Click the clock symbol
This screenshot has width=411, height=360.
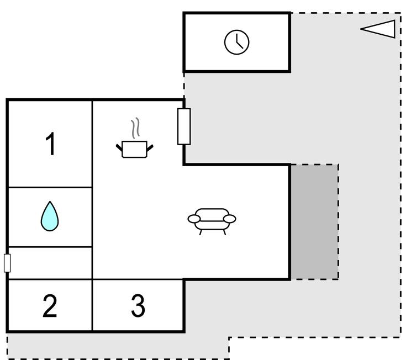coord(236,42)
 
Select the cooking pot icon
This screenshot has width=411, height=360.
coord(134,148)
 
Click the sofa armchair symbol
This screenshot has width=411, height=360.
coord(212,219)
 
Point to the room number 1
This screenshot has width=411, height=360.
coord(50,145)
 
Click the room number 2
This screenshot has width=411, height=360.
coord(50,306)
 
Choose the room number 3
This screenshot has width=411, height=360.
coord(138,306)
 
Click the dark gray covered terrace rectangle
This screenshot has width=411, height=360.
coord(314,221)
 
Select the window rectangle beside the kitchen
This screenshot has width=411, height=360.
coord(184,126)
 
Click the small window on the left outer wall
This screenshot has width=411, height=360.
coord(7,263)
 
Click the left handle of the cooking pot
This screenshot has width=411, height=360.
coord(119,147)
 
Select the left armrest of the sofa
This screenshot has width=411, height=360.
coord(194,219)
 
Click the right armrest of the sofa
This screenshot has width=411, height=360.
coord(230,219)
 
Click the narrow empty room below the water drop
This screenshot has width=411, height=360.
coord(50,263)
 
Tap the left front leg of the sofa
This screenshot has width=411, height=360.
coord(201,232)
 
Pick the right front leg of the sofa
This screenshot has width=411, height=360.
coord(224,232)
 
